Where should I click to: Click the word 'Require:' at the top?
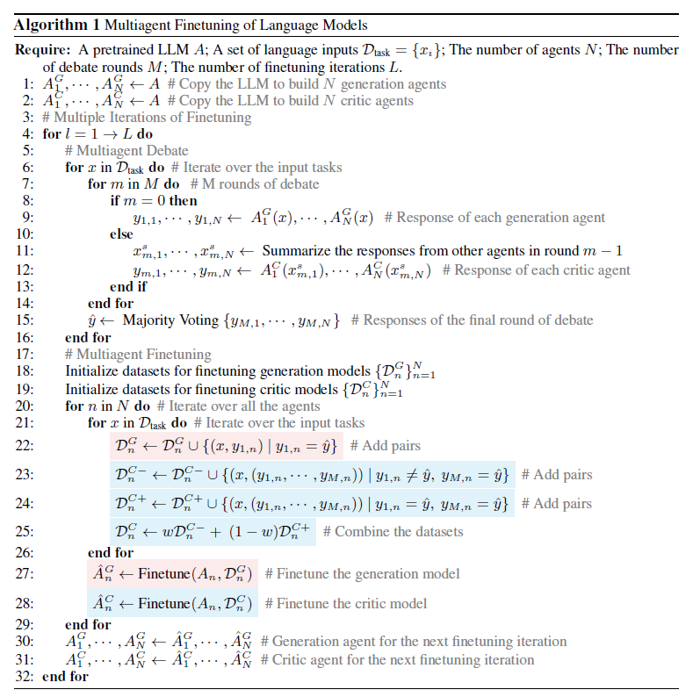click(43, 50)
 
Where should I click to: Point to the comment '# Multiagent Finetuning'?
click(138, 355)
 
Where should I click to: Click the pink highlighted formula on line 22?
click(226, 446)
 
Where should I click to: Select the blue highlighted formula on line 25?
click(213, 532)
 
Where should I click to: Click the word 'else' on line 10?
click(122, 234)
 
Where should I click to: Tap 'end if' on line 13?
click(128, 287)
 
